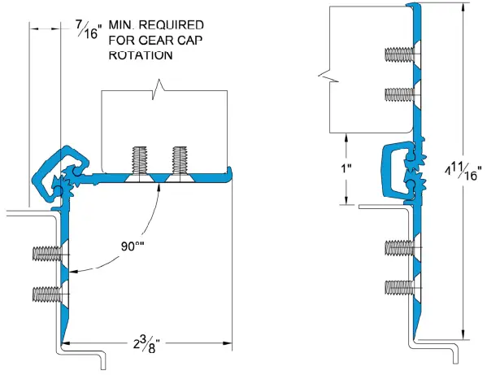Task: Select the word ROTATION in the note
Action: pos(141,55)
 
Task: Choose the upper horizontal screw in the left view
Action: pos(46,253)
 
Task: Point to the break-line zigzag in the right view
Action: pos(327,75)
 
